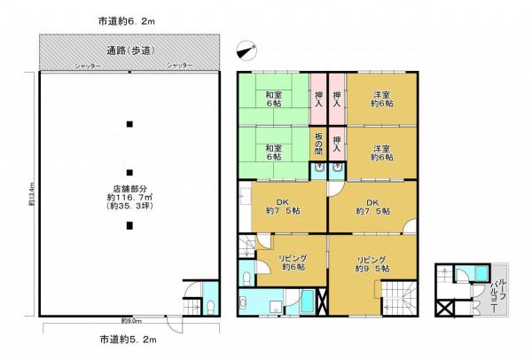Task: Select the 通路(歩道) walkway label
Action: (x=129, y=51)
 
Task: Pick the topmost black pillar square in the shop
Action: (x=129, y=123)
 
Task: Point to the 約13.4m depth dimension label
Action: (x=31, y=196)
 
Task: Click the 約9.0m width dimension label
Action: (x=129, y=322)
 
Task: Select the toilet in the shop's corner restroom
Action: (x=211, y=305)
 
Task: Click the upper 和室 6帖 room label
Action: (x=274, y=99)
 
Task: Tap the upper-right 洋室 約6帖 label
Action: (x=382, y=99)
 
